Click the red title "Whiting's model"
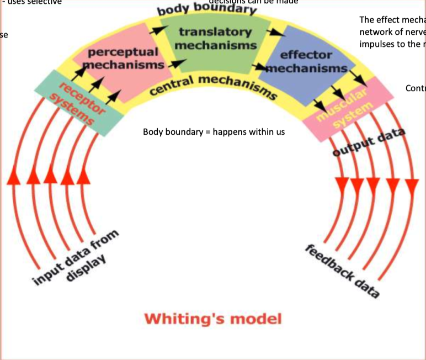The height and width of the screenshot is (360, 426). click(212, 319)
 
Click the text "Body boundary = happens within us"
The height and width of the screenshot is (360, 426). click(214, 132)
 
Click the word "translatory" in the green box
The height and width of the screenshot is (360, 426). click(215, 33)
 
